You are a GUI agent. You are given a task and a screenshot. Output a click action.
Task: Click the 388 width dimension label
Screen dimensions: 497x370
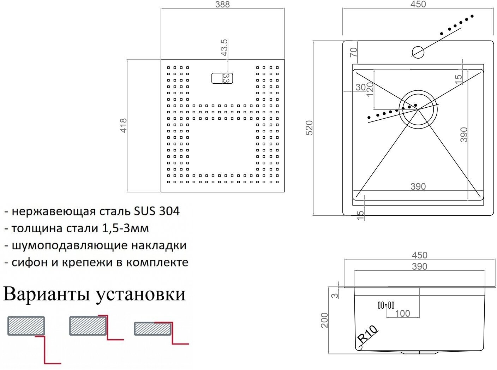(x=222, y=5)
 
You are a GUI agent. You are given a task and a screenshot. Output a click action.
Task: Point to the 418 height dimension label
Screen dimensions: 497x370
(x=124, y=125)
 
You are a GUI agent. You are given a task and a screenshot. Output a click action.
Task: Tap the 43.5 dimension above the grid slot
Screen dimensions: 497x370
(x=224, y=48)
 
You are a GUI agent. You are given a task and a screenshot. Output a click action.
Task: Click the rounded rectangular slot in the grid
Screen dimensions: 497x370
(x=222, y=78)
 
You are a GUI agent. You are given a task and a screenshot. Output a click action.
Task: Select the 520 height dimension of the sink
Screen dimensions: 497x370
(x=309, y=128)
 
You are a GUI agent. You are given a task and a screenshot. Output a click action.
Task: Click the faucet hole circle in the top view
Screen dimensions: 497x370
(x=418, y=52)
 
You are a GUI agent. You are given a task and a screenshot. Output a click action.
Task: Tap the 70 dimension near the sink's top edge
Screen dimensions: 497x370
(x=354, y=52)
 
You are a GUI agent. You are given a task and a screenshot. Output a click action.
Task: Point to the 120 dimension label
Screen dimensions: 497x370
(x=370, y=89)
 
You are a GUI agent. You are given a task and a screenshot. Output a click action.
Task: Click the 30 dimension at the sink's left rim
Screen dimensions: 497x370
(x=360, y=87)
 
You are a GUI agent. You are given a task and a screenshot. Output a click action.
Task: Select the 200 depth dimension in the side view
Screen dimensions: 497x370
(x=324, y=320)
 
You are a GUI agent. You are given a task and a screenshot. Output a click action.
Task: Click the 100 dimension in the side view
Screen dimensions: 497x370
(x=402, y=313)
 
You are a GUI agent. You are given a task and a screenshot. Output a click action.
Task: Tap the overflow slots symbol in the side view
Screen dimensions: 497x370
(x=386, y=305)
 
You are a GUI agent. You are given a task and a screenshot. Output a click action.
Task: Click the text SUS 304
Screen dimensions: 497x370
(x=157, y=211)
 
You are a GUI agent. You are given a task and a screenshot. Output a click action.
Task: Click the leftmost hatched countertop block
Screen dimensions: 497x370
(x=26, y=326)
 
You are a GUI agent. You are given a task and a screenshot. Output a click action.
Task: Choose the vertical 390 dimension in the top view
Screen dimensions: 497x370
(x=464, y=135)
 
